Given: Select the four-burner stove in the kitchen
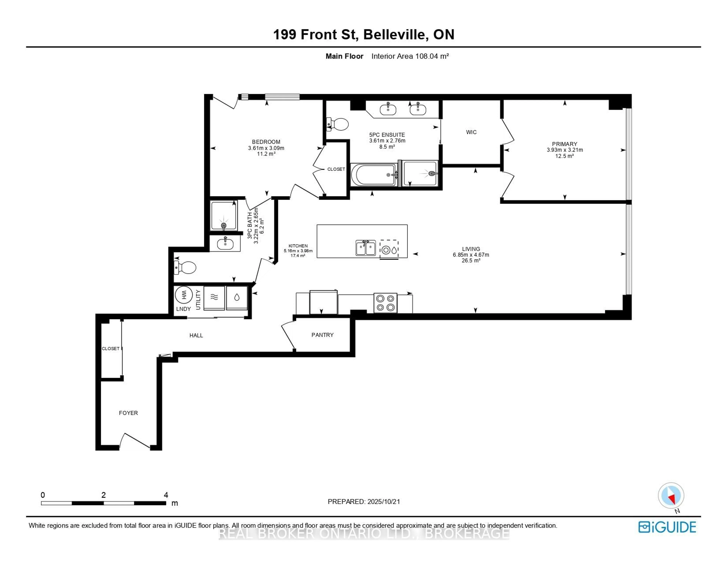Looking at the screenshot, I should tap(385, 303).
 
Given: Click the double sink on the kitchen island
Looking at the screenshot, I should tap(366, 248).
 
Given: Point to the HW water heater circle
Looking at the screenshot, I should tap(183, 295).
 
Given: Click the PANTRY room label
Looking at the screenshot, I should tap(322, 335).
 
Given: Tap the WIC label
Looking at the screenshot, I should tap(471, 132).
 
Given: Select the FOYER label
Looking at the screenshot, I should tap(128, 413).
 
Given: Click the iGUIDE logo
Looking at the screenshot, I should tap(667, 527).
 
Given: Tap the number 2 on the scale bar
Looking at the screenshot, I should tap(104, 495).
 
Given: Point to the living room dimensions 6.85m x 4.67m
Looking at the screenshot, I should tap(471, 255).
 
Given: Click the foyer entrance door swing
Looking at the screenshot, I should tap(135, 441).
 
